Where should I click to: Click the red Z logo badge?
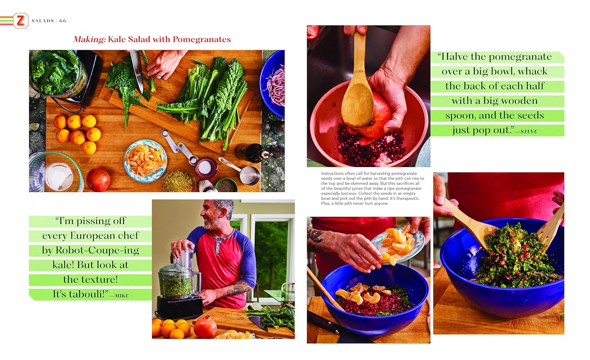pyautogui.click(x=20, y=20)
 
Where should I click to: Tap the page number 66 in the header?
pyautogui.click(x=63, y=21)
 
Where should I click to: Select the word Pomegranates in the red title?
pyautogui.click(x=202, y=39)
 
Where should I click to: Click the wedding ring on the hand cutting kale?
pyautogui.click(x=160, y=75)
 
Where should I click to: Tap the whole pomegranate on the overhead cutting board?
pyautogui.click(x=98, y=180)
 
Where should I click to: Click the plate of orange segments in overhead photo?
pyautogui.click(x=146, y=160)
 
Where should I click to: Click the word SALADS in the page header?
pyautogui.click(x=42, y=21)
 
